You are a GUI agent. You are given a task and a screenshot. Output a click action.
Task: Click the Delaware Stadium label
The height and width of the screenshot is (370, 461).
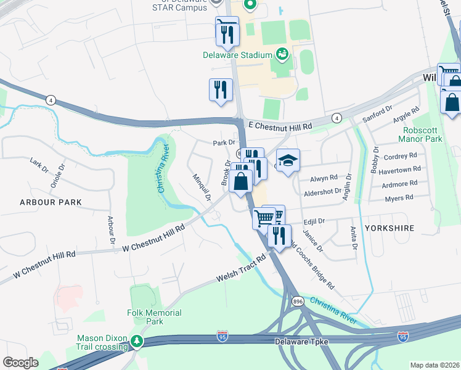[237, 55]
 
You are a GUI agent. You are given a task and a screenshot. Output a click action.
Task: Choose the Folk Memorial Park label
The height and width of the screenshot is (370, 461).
[155, 317]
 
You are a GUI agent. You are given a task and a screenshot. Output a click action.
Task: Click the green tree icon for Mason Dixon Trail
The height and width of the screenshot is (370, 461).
[139, 341]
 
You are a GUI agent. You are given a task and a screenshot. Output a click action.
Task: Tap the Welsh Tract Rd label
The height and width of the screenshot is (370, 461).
[240, 270]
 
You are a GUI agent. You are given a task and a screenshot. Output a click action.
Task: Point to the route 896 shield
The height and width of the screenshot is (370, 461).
[297, 302]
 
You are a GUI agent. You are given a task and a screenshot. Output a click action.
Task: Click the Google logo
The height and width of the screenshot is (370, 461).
[20, 362]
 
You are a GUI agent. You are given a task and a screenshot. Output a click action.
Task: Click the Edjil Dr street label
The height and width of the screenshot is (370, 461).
[313, 221]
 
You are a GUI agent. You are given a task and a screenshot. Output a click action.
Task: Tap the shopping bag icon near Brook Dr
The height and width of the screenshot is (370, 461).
[242, 181]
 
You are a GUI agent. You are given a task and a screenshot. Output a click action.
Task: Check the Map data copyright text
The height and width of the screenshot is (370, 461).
[434, 364]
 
